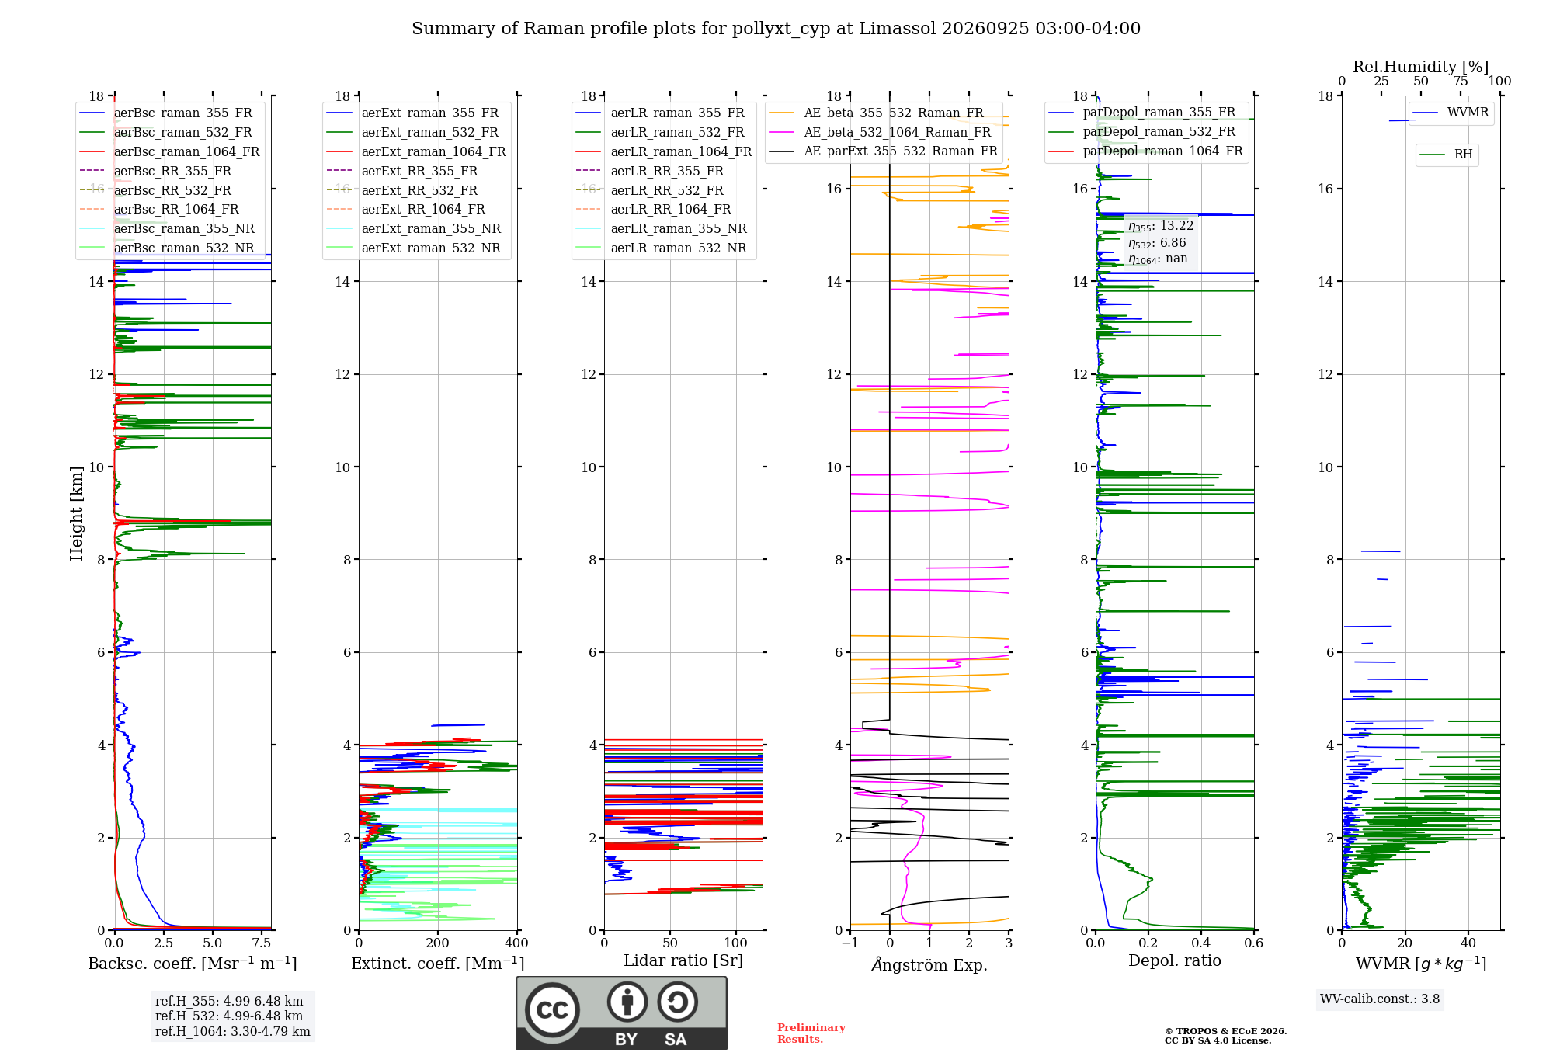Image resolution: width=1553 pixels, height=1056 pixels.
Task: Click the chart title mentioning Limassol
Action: [x=776, y=29]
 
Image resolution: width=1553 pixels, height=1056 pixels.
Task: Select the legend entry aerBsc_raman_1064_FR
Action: [x=186, y=151]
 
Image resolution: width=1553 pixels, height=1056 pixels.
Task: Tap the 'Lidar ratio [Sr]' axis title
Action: [x=683, y=961]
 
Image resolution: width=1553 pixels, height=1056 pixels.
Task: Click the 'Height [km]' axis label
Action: [x=76, y=513]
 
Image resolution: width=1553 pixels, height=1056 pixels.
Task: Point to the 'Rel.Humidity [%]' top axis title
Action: [x=1421, y=67]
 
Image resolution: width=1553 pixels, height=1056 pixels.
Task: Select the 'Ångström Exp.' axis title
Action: [x=929, y=964]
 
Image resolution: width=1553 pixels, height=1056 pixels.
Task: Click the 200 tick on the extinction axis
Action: [x=437, y=943]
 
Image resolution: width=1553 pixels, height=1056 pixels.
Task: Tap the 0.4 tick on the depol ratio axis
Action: [x=1201, y=943]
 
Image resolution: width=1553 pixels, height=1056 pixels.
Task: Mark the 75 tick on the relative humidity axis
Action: [x=1461, y=82]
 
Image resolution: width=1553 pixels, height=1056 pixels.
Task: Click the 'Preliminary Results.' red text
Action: [x=811, y=1033]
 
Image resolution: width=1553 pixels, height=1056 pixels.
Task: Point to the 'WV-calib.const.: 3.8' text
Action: [x=1380, y=999]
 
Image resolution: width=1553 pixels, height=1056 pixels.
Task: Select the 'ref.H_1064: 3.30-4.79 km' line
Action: [x=233, y=1032]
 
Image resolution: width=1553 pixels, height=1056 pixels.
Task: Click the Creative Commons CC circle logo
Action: [x=552, y=1010]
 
